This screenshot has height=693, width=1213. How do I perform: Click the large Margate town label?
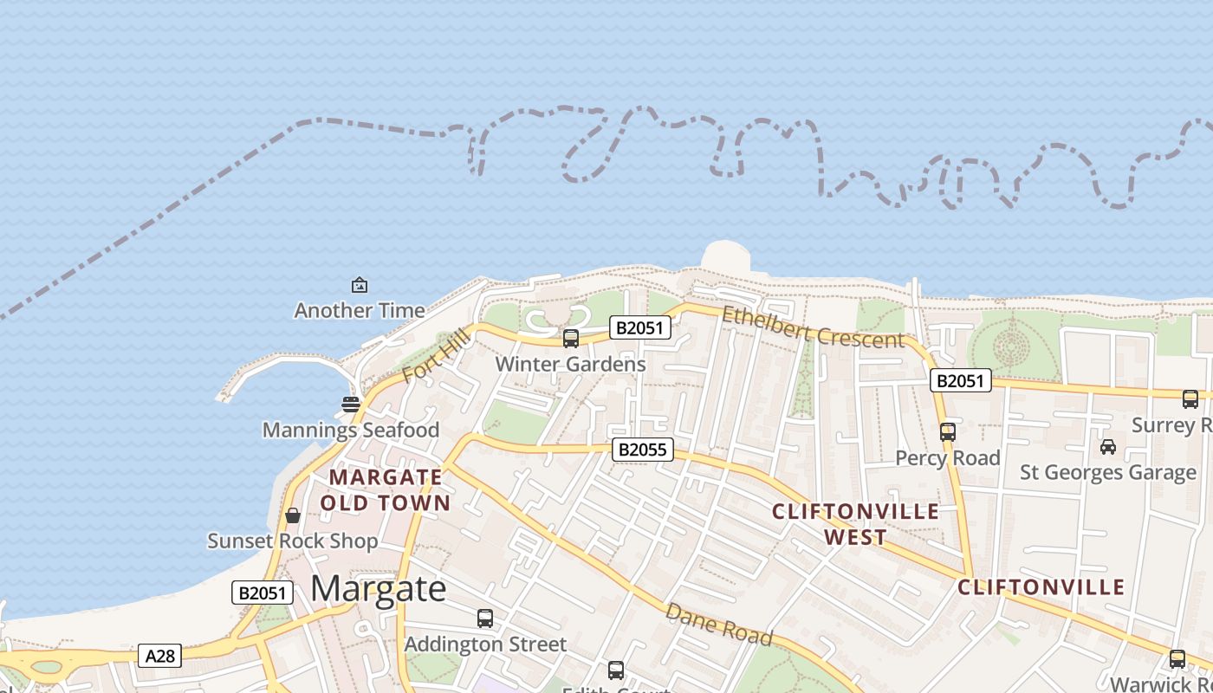tap(379, 589)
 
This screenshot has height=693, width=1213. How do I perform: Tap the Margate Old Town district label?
tap(386, 489)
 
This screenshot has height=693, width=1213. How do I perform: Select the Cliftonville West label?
tap(855, 524)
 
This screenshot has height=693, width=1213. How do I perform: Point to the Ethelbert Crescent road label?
tap(813, 327)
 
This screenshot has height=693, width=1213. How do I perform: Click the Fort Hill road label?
tap(436, 356)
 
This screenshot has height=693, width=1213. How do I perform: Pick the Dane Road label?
tap(718, 624)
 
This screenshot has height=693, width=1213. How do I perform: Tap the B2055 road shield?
tap(643, 449)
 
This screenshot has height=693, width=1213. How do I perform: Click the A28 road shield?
tap(160, 656)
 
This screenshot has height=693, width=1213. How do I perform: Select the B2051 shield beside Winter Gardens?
tap(640, 327)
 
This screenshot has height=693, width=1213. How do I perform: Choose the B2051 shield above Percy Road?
tap(961, 380)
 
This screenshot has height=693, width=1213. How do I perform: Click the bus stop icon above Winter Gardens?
tap(571, 339)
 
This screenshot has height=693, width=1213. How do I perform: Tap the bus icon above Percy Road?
tap(948, 431)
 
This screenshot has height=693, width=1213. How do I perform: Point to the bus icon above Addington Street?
tap(485, 619)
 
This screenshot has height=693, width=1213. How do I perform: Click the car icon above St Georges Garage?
tap(1108, 446)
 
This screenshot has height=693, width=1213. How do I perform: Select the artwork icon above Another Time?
tap(359, 284)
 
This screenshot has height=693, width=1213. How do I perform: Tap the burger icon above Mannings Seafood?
tap(351, 404)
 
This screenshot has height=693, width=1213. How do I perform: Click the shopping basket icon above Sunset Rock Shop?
tap(293, 515)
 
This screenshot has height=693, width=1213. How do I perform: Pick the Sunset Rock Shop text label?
tap(293, 541)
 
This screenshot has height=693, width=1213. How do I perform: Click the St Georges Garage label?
tap(1108, 472)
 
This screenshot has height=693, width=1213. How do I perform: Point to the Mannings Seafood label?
tap(351, 430)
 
